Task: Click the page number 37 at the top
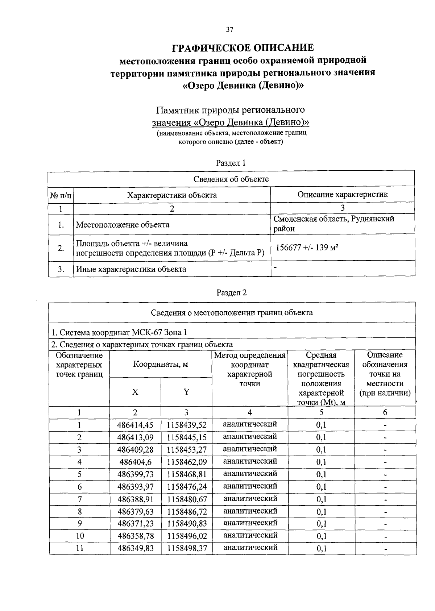[229, 30]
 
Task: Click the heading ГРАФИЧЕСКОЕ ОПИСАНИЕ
[243, 48]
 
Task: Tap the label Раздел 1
[231, 163]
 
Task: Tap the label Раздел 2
[231, 292]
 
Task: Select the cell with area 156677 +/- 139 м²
[307, 248]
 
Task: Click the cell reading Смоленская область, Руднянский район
[334, 224]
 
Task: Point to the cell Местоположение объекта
[123, 225]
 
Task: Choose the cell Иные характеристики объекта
[131, 269]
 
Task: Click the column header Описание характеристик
[343, 194]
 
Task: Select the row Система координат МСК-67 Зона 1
[120, 332]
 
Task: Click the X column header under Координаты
[135, 392]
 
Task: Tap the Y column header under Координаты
[186, 392]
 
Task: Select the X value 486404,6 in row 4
[135, 462]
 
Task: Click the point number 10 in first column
[80, 536]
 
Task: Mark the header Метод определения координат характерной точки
[250, 369]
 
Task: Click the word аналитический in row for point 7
[250, 498]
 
